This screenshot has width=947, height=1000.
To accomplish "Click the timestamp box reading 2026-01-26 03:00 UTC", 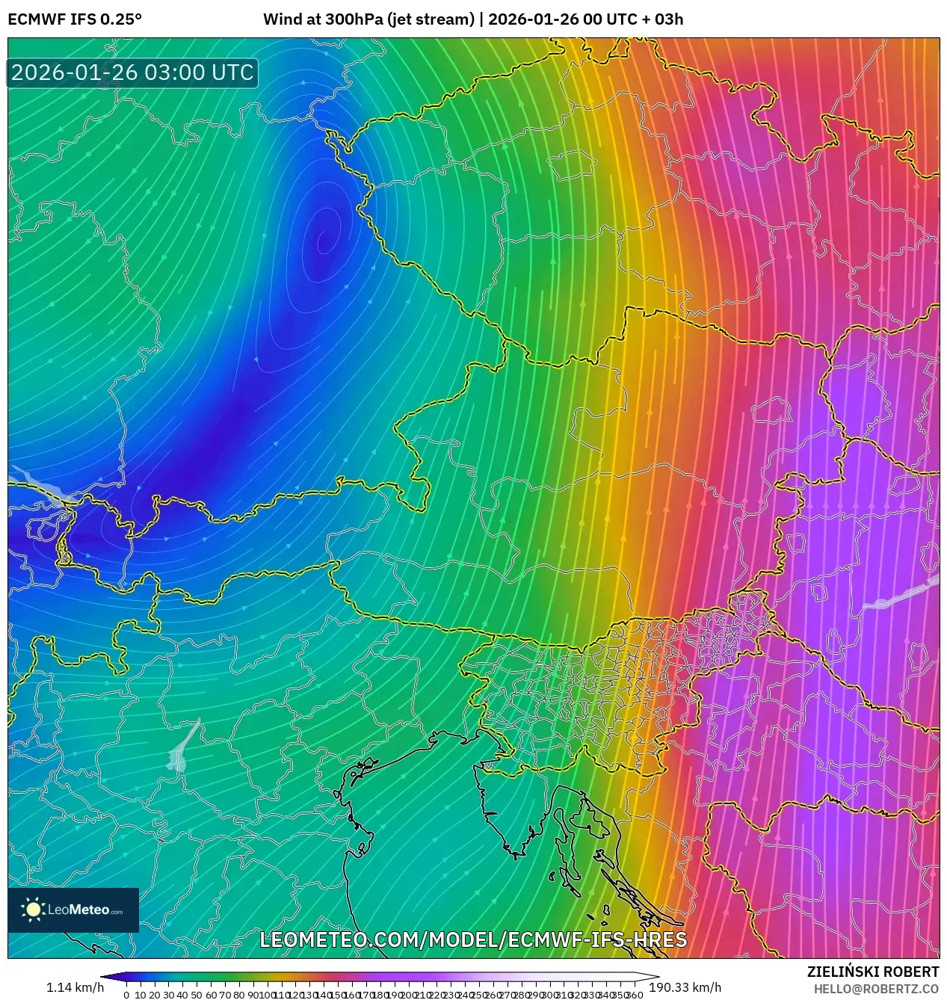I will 132,72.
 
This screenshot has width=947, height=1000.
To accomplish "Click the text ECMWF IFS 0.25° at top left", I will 74,19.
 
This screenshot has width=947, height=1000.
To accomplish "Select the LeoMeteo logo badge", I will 73,910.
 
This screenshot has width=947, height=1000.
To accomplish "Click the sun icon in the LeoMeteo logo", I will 33,909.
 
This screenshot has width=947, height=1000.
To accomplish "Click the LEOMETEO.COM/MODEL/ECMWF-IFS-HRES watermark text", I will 472,939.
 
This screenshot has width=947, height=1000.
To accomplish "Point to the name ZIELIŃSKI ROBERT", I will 872,972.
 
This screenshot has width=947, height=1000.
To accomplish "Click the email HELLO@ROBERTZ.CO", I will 876,988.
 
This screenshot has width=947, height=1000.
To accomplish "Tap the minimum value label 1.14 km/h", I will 75,987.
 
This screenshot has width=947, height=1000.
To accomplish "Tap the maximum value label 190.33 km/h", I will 685,987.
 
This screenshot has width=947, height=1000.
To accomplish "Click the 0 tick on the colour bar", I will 126,995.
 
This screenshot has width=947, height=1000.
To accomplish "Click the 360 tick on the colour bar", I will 635,995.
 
